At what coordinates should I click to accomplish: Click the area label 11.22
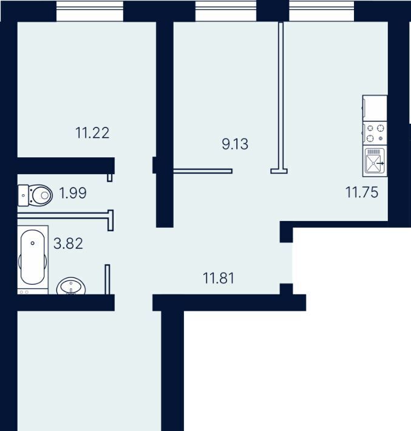tap(92, 133)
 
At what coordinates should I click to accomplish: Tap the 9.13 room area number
tap(235, 144)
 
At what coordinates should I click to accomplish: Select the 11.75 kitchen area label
tap(362, 192)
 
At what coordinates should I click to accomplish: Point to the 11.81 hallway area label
tap(219, 278)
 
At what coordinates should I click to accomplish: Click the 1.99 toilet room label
tap(73, 193)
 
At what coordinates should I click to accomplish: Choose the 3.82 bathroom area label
tap(68, 243)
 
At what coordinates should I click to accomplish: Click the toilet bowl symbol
tap(35, 195)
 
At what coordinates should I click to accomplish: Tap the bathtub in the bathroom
tap(33, 257)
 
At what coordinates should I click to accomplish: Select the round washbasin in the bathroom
tap(71, 286)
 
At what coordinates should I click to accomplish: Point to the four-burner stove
tap(375, 134)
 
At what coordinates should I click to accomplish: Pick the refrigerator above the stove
tap(375, 108)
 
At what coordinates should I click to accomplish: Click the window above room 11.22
tap(90, 11)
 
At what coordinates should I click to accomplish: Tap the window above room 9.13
tap(226, 11)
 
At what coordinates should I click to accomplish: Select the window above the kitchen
tap(321, 11)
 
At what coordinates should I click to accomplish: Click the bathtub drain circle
tap(33, 243)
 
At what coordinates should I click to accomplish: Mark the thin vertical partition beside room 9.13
tap(280, 95)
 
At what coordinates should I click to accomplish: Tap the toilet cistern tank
tap(23, 195)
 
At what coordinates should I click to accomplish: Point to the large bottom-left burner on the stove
tap(370, 138)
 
